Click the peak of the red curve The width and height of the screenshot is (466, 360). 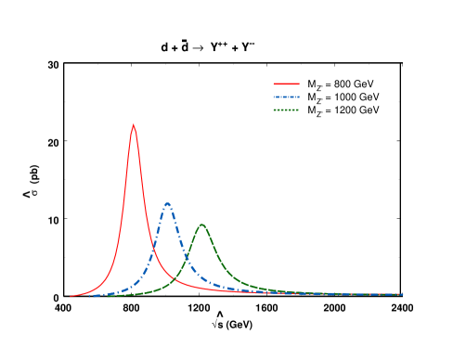click(134, 125)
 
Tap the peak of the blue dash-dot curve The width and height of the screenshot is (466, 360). click(167, 203)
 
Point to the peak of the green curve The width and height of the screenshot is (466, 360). click(201, 225)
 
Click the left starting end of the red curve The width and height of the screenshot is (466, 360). click(71, 297)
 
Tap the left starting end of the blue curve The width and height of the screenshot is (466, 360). click(90, 296)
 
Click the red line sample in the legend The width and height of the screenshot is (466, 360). click(286, 84)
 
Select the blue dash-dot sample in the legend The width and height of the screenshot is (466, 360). click(286, 96)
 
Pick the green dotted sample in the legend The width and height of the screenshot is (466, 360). click(286, 109)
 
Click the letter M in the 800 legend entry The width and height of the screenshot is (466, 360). click(312, 84)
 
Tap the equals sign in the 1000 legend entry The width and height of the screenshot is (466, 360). click(330, 96)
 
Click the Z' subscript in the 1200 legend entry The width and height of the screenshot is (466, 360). click(320, 112)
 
